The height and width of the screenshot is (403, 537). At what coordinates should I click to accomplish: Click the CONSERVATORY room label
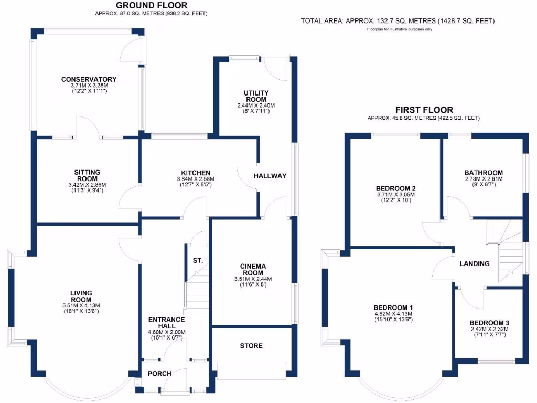[x=89, y=80]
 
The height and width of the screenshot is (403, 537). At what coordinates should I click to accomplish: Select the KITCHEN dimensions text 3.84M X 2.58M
[x=196, y=179]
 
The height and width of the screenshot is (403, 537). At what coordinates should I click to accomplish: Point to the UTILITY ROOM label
[x=255, y=96]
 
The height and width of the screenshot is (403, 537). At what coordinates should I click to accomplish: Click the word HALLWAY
[x=270, y=176]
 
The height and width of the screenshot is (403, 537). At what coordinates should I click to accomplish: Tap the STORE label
[x=251, y=346]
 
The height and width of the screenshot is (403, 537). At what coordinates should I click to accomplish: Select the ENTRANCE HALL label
[x=166, y=320]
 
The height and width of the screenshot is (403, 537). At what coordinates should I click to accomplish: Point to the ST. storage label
[x=198, y=261]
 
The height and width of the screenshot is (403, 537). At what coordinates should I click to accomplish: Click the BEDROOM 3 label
[x=489, y=323]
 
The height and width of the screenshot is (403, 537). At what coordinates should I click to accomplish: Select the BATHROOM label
[x=484, y=173]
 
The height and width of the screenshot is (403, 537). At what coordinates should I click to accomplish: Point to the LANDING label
[x=475, y=263]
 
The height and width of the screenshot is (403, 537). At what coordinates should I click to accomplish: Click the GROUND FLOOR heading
[x=151, y=5]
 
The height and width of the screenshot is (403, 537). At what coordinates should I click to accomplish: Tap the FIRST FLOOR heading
[x=424, y=110]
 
